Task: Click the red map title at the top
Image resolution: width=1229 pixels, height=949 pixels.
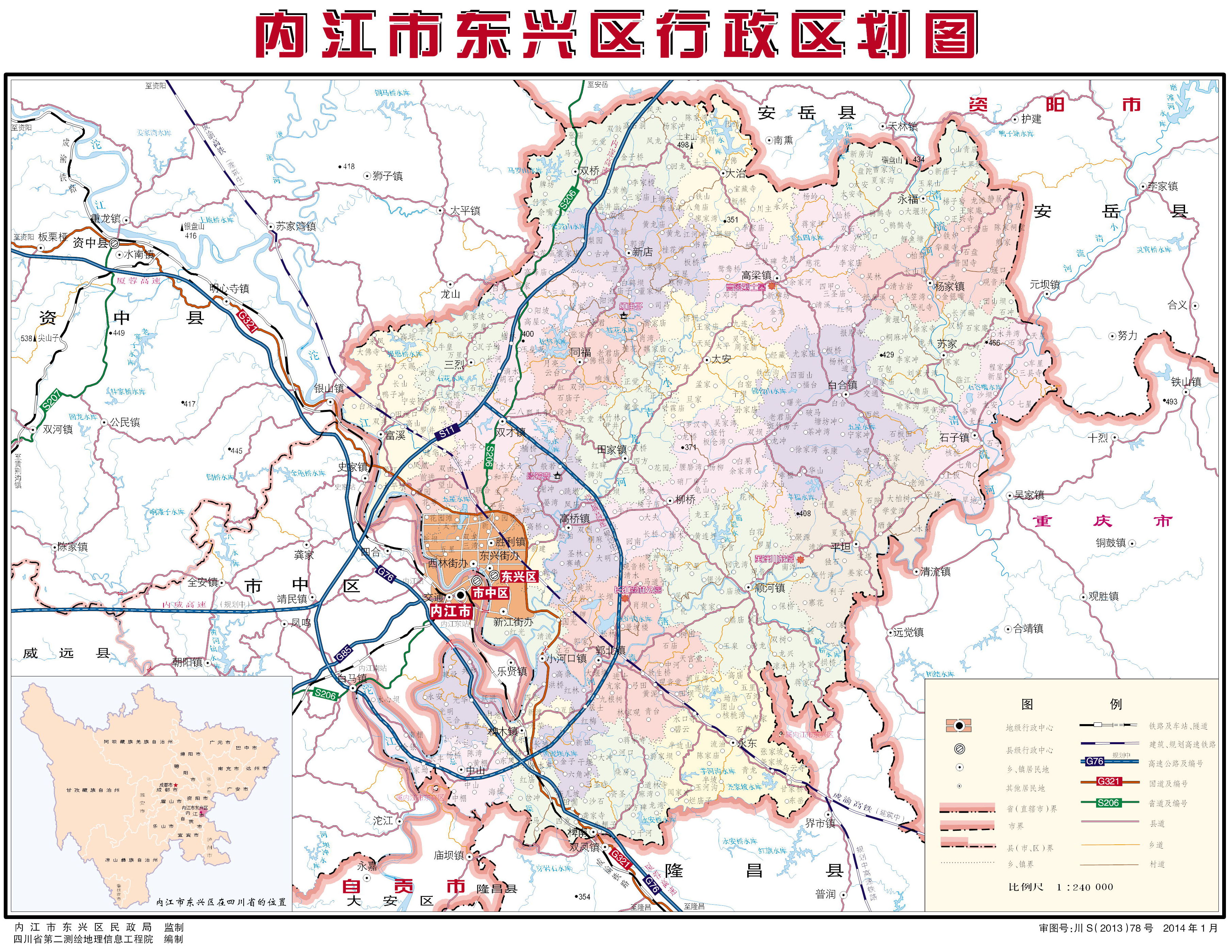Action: click(616, 35)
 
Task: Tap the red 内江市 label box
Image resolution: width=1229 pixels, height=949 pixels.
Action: click(451, 611)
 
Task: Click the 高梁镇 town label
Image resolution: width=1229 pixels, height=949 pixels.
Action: click(756, 275)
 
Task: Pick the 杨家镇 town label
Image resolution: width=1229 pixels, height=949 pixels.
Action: click(949, 286)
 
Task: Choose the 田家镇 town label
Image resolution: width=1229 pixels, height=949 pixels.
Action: click(612, 449)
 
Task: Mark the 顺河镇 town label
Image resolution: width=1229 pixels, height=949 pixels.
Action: click(769, 588)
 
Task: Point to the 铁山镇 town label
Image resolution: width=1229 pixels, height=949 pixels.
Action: click(1186, 382)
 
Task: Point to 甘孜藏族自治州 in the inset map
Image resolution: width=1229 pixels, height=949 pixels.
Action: click(93, 790)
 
